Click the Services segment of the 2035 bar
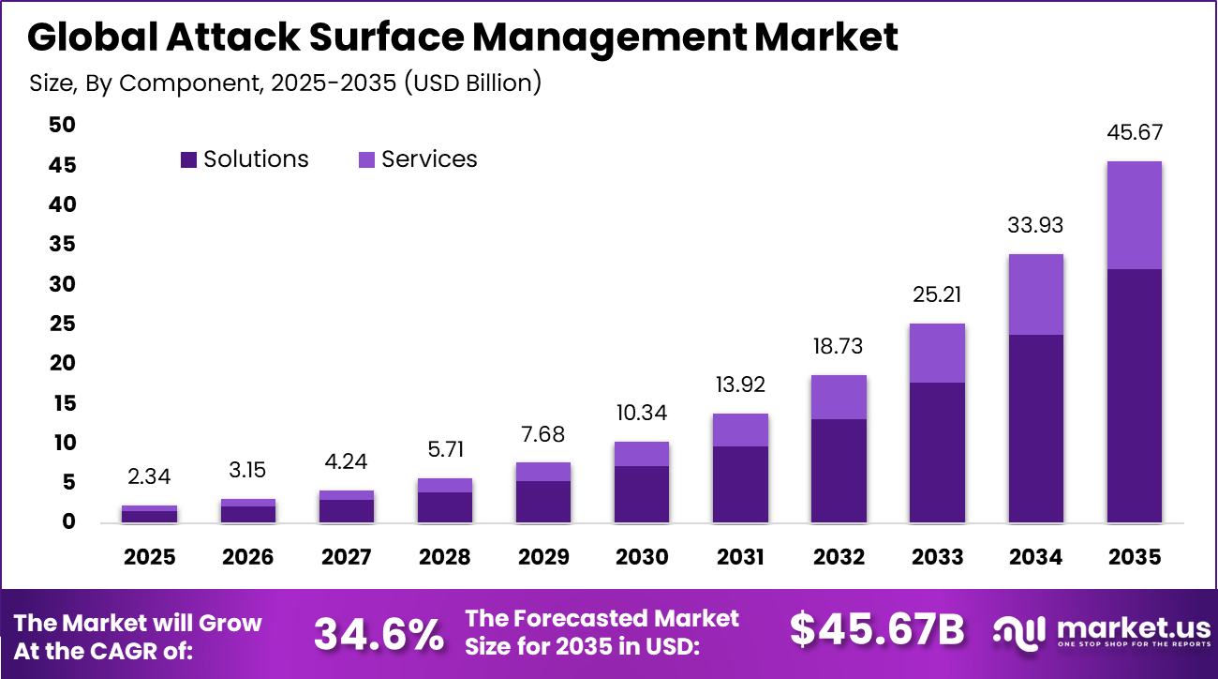[x=1134, y=215]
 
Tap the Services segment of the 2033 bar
[x=937, y=353]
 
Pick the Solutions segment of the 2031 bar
[x=740, y=484]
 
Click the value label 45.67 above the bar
[x=1134, y=133]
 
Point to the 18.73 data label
[x=839, y=347]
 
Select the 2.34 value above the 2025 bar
[x=150, y=477]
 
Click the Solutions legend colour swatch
[x=189, y=160]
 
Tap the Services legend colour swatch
[x=366, y=160]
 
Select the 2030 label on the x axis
[x=642, y=557]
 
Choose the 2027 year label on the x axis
[x=347, y=557]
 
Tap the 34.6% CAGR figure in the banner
[x=379, y=633]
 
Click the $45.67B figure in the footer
[x=876, y=630]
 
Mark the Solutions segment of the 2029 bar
[x=543, y=501]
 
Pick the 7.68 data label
[x=543, y=434]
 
